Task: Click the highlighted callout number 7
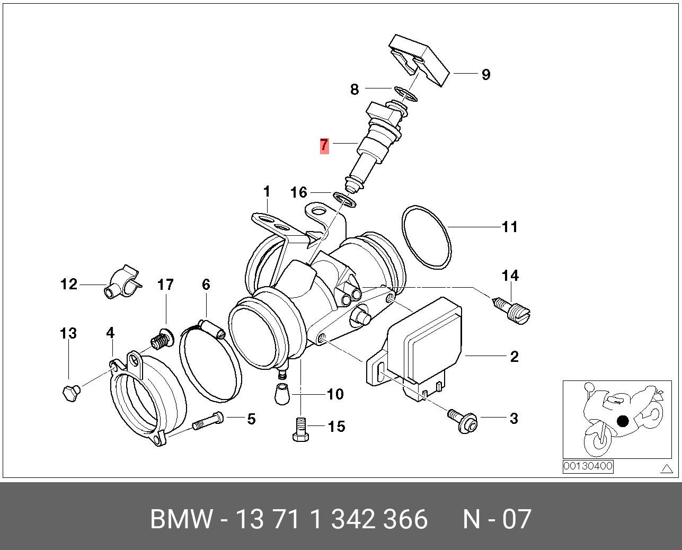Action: (x=324, y=146)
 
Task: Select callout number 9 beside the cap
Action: (x=485, y=74)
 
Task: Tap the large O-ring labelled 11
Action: (x=426, y=237)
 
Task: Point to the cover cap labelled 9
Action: (x=419, y=58)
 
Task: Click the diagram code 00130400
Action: (x=588, y=466)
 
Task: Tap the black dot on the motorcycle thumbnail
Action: (x=623, y=421)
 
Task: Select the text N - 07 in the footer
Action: (x=497, y=519)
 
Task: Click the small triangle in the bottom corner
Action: (x=667, y=468)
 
